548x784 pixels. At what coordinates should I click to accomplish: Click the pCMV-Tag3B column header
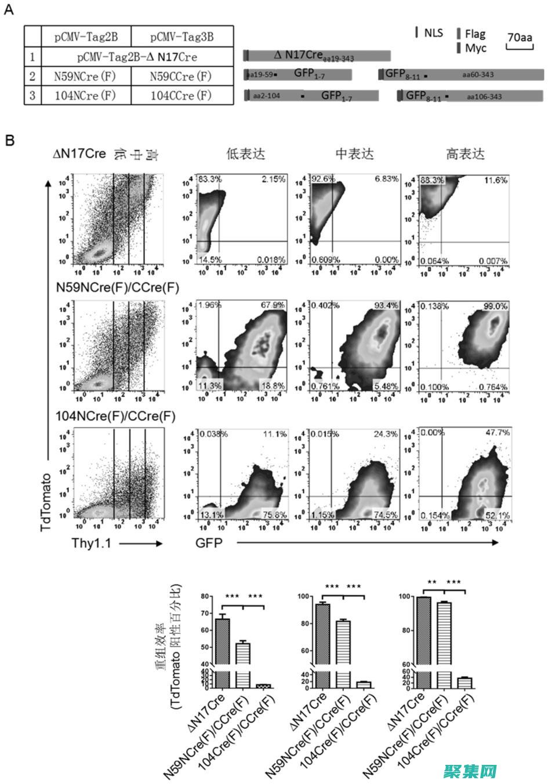point(182,37)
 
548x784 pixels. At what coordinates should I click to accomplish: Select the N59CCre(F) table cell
point(182,76)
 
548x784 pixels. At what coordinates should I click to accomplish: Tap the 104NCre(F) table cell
point(85,95)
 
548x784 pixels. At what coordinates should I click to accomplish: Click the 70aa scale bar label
point(520,37)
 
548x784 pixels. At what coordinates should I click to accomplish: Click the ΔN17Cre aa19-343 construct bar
point(317,56)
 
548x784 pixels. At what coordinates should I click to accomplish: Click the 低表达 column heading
point(246,154)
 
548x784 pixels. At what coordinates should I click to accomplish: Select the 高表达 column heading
point(465,154)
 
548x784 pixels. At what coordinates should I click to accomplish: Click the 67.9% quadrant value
point(273,305)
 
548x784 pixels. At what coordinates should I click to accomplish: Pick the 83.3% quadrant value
point(211,180)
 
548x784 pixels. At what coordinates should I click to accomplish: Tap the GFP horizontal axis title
point(209,543)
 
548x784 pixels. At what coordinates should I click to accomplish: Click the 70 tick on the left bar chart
point(205,613)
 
